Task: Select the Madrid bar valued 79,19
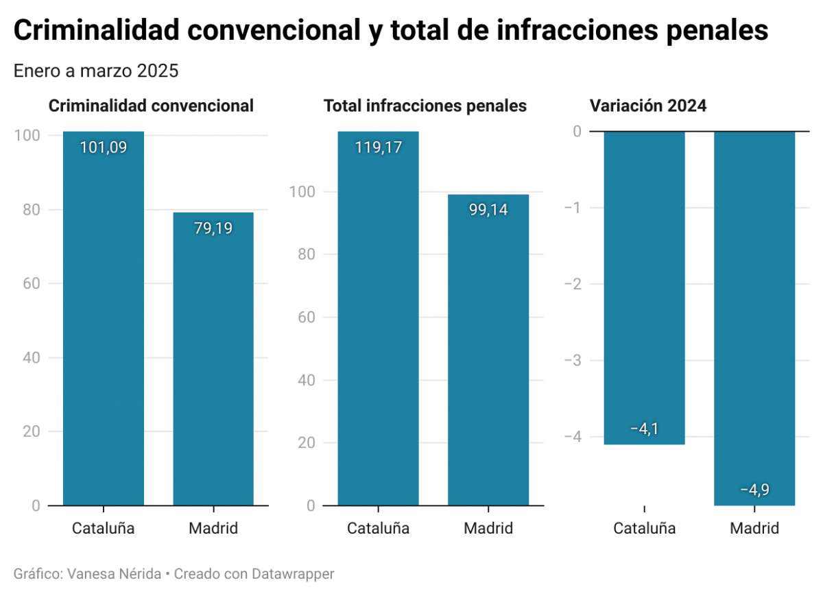pos(213,363)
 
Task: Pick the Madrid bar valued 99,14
pos(488,357)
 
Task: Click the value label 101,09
pos(103,147)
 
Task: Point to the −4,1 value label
pos(644,429)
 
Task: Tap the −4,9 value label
pos(754,490)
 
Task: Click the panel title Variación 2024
pos(648,106)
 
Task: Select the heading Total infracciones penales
pos(425,106)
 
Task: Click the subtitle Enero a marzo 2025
pos(95,71)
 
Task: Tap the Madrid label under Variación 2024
pos(754,529)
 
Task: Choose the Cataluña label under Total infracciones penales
pos(378,529)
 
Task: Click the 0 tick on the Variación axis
pos(576,131)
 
